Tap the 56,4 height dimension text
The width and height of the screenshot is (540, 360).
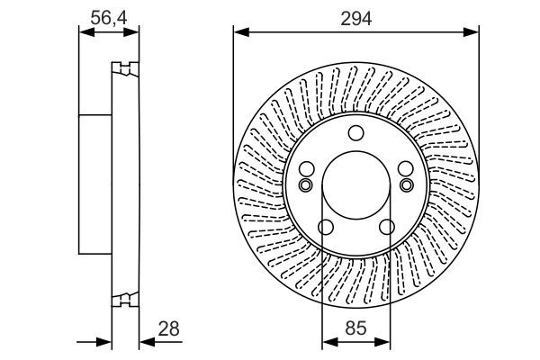click(x=108, y=16)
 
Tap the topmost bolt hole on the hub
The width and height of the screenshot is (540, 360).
click(x=356, y=134)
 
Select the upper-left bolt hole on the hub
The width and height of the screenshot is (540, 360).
click(x=307, y=169)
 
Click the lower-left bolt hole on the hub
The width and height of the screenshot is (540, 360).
click(x=326, y=227)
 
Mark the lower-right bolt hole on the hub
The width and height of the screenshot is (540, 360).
click(x=387, y=227)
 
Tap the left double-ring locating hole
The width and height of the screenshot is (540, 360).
click(x=305, y=185)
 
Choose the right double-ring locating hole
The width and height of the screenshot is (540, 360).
click(x=408, y=185)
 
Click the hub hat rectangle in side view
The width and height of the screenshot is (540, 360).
click(x=94, y=184)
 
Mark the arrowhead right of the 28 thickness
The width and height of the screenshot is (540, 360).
click(x=145, y=343)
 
